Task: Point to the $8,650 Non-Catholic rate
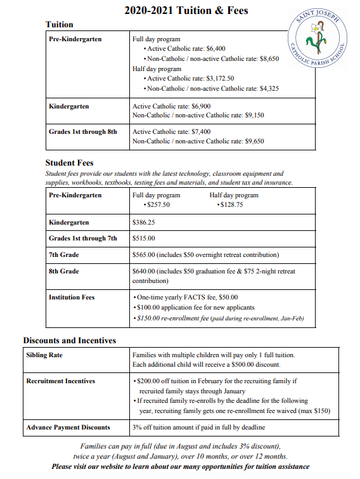[269, 58]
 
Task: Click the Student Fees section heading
[69, 163]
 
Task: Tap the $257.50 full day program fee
[156, 205]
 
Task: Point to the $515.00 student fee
[143, 239]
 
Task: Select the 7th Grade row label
[64, 255]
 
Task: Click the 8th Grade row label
[64, 272]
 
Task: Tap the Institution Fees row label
[72, 297]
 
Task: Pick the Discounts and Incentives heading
[70, 341]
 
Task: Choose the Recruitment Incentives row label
[60, 381]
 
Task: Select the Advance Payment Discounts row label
[68, 427]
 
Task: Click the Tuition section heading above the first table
[60, 24]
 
